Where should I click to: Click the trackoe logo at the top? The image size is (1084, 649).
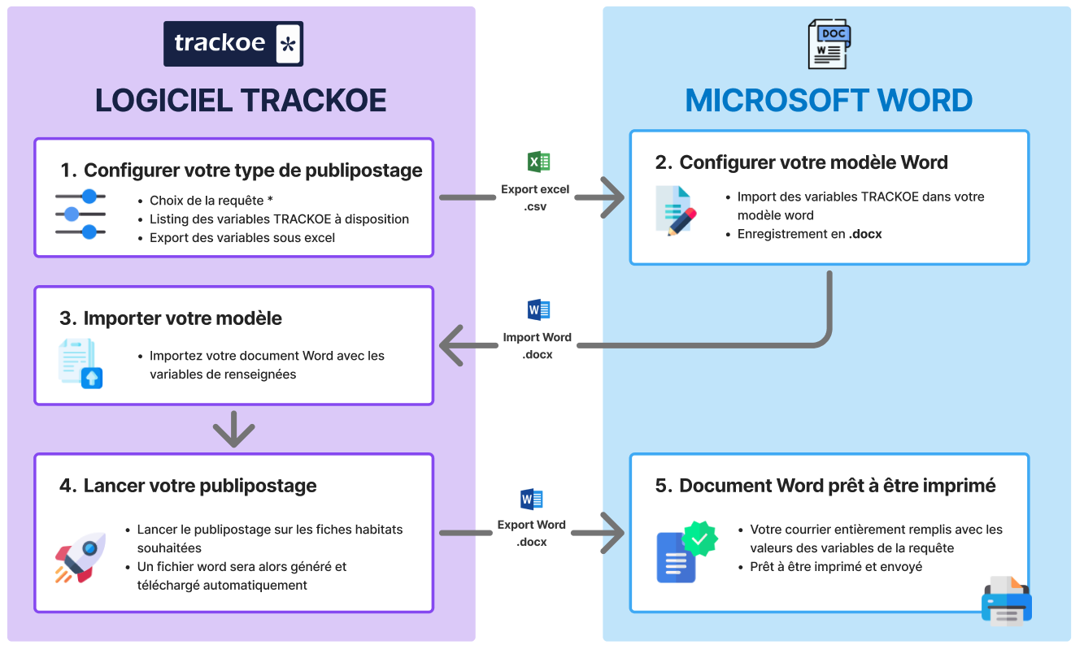coord(233,44)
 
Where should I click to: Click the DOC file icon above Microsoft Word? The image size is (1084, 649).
coord(829,45)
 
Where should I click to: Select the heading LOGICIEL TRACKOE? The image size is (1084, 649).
coord(241,101)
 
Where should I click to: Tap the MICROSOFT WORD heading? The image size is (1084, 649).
coord(829,101)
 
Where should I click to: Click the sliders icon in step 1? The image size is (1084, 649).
coord(81,214)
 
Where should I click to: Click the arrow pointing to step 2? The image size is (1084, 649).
coord(611,197)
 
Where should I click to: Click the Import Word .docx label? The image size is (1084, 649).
coord(537,345)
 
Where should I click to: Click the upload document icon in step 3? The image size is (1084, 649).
coord(81,364)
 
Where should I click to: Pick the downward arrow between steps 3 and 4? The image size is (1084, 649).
coord(233,429)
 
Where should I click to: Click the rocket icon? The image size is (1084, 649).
coord(81,556)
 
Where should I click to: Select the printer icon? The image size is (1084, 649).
coord(1006,602)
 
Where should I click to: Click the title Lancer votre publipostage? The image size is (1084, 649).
coord(200,486)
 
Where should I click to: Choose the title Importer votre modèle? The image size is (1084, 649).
coord(182,318)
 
